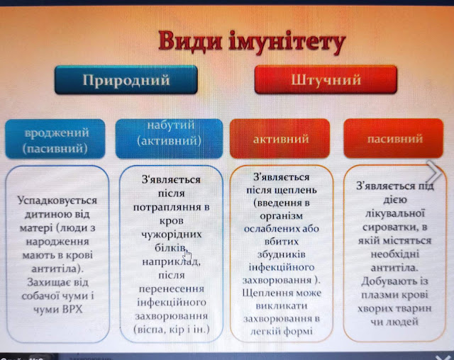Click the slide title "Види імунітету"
pos(252,42)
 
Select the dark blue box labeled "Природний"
pos(126,80)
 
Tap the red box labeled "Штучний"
pos(326,79)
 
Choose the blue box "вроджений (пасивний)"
pos(55,139)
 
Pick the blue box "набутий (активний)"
pos(170,139)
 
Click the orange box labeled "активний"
pos(280,138)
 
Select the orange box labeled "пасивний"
pos(394,138)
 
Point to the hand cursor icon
pos(187,254)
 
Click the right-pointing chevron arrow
pos(434,172)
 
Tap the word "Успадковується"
pos(57,201)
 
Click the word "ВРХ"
pos(72,310)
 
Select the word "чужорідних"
pos(172,235)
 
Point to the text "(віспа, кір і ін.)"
pos(172,330)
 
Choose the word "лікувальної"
pos(394,213)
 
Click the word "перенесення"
pos(172,289)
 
